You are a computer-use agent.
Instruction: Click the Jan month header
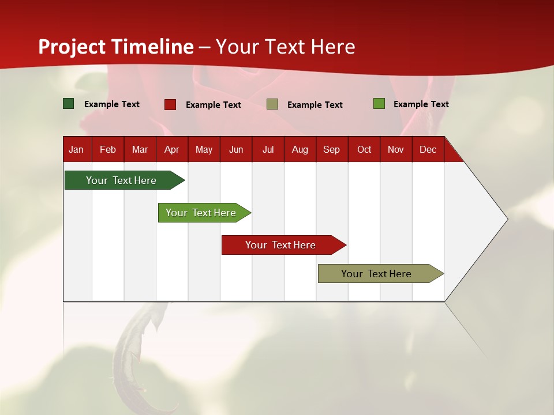76,149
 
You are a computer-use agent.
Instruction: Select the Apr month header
171,149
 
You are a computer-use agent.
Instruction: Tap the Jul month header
268,149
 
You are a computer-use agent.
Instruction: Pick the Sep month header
331,149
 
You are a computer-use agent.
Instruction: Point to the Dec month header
428,149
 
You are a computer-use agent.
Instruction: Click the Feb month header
108,149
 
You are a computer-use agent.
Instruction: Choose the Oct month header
364,149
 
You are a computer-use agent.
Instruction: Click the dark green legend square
69,104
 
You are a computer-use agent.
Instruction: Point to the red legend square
170,104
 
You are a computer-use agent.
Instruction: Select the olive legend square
272,104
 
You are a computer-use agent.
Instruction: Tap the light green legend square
379,104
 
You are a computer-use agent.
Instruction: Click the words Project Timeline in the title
115,47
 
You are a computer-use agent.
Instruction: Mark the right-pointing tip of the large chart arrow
507,219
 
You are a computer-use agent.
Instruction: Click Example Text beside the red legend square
213,105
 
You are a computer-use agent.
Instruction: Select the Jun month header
235,149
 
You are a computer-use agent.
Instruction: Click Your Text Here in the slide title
285,47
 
